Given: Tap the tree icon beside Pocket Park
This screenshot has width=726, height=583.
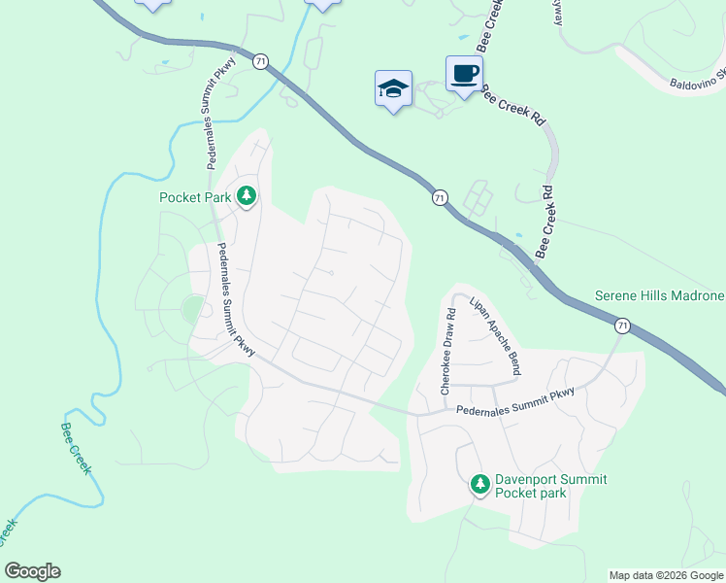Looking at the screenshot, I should click(x=247, y=196).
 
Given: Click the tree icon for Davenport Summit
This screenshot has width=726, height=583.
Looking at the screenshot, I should click(x=478, y=483).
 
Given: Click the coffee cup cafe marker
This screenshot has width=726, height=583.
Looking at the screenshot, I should click(x=464, y=73).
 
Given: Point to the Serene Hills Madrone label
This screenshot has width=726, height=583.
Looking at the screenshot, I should click(x=659, y=296).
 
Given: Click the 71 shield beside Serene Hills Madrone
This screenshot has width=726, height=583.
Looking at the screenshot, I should click(x=622, y=325).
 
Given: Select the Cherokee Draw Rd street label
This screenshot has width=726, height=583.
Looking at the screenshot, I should click(x=448, y=351).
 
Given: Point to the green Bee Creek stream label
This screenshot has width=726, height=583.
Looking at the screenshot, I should click(x=76, y=448).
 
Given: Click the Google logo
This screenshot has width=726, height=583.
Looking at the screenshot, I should click(x=32, y=571).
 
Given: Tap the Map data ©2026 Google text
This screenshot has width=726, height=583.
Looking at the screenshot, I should click(x=666, y=575).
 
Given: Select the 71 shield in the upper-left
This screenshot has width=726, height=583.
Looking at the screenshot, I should click(x=259, y=61).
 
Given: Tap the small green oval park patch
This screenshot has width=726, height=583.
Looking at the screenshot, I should click(x=192, y=309).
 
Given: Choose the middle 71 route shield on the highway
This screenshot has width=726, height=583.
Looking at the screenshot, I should click(x=441, y=197).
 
